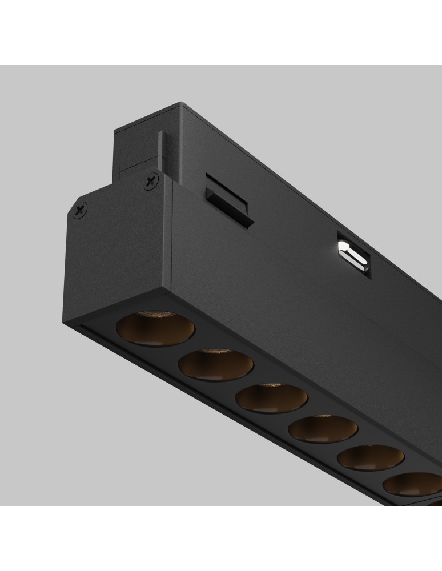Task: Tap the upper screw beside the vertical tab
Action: point(151,182)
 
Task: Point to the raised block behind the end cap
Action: point(134,148)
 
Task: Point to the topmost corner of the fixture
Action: point(182,103)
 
